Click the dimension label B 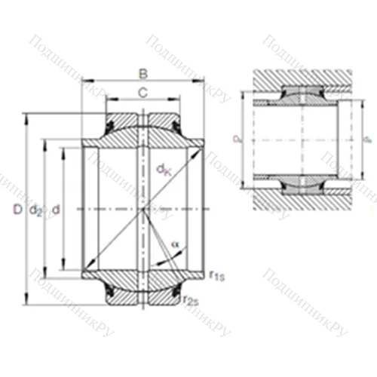[143, 74]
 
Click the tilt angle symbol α [175, 244]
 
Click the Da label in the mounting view [236, 139]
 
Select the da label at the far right [367, 139]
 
